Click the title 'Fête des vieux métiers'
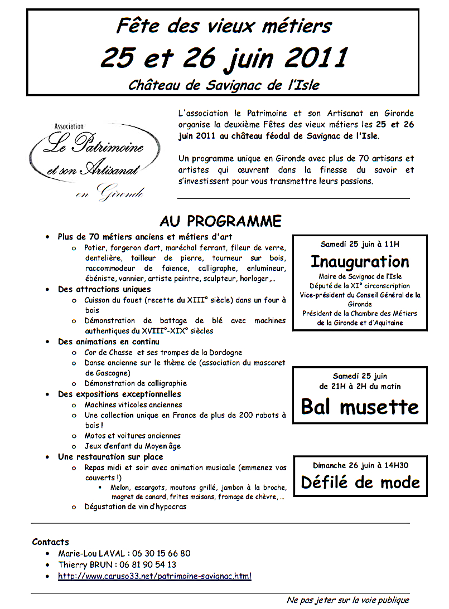(224, 26)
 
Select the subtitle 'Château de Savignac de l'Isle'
(224, 85)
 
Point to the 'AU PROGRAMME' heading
(220, 221)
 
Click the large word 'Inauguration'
(360, 261)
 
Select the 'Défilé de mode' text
(360, 481)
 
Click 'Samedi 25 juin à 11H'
(360, 244)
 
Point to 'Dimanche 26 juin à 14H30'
(360, 465)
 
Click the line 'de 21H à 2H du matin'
(360, 386)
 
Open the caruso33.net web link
(155, 576)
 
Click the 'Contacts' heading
(51, 542)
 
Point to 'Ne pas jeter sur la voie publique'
(347, 600)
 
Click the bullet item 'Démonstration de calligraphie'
(136, 383)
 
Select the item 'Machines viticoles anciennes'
(133, 405)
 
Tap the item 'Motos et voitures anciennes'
(133, 436)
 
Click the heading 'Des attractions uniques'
(104, 289)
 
